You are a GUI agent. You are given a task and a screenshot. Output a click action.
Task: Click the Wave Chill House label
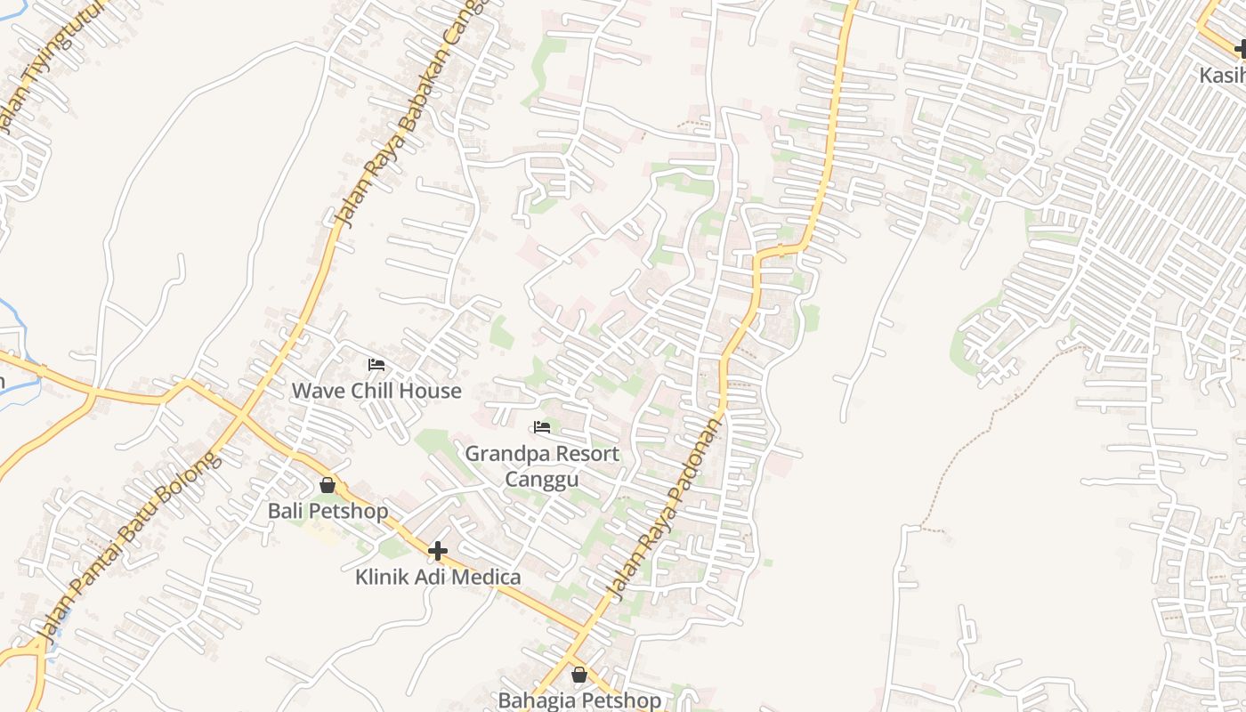[376, 391]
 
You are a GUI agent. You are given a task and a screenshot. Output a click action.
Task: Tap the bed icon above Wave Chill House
[376, 365]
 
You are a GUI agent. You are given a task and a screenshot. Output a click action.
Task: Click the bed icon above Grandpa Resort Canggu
[542, 428]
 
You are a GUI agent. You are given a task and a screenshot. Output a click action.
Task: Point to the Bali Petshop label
[328, 511]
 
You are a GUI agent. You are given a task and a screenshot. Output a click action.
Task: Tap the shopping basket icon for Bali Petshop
[328, 485]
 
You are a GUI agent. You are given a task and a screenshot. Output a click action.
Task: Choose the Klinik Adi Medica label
[438, 577]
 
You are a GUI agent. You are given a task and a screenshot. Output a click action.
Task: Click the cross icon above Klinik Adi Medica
[437, 552]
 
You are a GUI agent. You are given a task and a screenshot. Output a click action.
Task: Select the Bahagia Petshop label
[579, 700]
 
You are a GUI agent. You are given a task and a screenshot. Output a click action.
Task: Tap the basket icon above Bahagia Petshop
[579, 675]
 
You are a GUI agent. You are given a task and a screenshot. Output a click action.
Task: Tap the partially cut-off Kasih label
[1221, 75]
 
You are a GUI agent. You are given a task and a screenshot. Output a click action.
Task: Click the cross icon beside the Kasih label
[1240, 50]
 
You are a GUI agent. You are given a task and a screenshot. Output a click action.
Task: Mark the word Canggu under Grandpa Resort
[542, 480]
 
